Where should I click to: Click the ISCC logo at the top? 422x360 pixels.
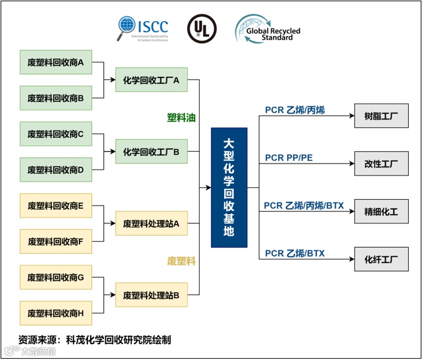tap(143, 29)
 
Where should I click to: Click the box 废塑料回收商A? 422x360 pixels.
tap(55, 63)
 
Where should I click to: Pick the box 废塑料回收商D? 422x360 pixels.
tap(55, 170)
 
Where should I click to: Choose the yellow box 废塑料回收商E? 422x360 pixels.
tap(55, 206)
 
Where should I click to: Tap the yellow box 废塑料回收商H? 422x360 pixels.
tap(55, 313)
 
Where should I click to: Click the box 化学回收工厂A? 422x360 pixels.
tap(151, 80)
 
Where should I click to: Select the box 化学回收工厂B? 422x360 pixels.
tap(151, 152)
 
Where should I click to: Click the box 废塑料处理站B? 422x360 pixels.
tap(151, 296)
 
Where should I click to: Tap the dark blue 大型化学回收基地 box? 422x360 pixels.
tap(229, 187)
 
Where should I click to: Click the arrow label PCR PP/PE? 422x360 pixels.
tap(289, 158)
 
